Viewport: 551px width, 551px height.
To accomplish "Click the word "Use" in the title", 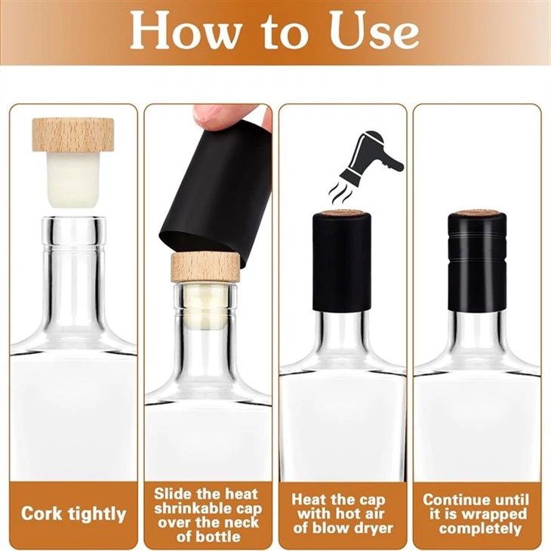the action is point(374,31).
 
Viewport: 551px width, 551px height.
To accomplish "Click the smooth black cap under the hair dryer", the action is point(342,261).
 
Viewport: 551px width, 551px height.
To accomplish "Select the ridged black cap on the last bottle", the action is point(477,261).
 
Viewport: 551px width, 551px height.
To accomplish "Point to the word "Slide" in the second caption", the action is point(174,494).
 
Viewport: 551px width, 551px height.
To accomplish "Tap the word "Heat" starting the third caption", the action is point(307,500).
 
